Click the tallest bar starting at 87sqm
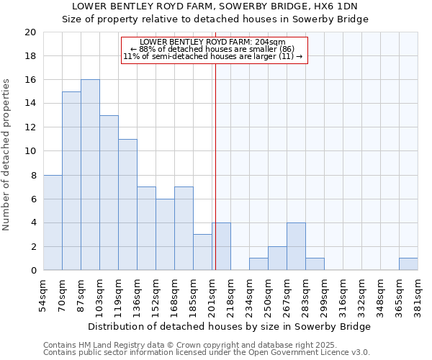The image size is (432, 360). (90, 175)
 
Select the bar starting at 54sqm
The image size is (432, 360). (53, 222)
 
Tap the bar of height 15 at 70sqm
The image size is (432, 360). (71, 181)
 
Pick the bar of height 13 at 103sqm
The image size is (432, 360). (109, 193)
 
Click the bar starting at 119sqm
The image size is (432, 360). (127, 204)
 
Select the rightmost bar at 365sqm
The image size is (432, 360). (408, 264)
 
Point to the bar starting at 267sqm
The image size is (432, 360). (296, 246)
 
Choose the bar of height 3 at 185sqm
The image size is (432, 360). (202, 252)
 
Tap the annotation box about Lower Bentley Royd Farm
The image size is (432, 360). (214, 50)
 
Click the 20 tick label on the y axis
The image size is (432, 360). (30, 32)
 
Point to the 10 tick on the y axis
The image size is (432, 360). (30, 151)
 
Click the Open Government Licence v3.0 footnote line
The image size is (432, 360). (207, 352)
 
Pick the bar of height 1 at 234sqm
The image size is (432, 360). (258, 264)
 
